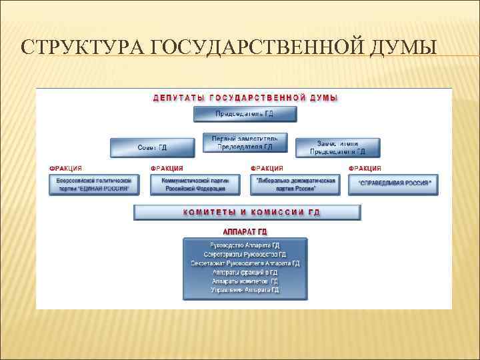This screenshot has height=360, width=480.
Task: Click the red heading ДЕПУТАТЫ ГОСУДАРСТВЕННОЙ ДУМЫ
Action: pyautogui.click(x=245, y=98)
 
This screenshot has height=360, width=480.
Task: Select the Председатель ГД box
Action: pyautogui.click(x=244, y=114)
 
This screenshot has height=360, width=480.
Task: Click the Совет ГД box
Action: pyautogui.click(x=152, y=147)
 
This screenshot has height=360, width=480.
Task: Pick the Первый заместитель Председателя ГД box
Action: pyautogui.click(x=245, y=143)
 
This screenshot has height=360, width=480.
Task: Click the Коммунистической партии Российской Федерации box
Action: pyautogui.click(x=194, y=185)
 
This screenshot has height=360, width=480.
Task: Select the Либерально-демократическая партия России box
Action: pyautogui.click(x=295, y=185)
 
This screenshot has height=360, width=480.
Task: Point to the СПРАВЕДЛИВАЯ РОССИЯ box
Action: pyautogui.click(x=394, y=183)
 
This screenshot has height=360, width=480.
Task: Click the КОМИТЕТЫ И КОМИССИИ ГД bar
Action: pyautogui.click(x=247, y=213)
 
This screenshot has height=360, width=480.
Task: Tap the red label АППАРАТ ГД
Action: pyautogui.click(x=245, y=231)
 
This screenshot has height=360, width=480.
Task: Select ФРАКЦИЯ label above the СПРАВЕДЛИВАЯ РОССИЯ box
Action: pyautogui.click(x=365, y=169)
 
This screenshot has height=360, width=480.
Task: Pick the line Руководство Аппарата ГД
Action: pyautogui.click(x=245, y=245)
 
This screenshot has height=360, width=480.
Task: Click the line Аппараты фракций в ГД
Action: pyautogui.click(x=245, y=272)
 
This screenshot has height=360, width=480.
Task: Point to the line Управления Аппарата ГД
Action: pyautogui.click(x=245, y=290)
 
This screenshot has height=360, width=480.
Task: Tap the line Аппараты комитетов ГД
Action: pyautogui.click(x=245, y=281)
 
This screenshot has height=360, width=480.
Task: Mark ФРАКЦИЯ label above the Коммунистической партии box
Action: pyautogui.click(x=167, y=169)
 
